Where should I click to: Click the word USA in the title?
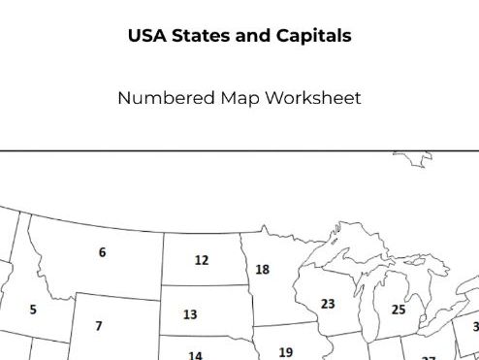145,37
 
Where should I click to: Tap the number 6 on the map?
102,252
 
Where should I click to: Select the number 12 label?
201,260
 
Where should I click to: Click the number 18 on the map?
262,270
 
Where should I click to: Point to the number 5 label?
33,311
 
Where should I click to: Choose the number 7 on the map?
98,326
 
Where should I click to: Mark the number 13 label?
190,314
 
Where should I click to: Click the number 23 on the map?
328,304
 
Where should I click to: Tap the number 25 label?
399,310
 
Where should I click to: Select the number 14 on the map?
195,355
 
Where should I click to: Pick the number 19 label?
285,352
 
